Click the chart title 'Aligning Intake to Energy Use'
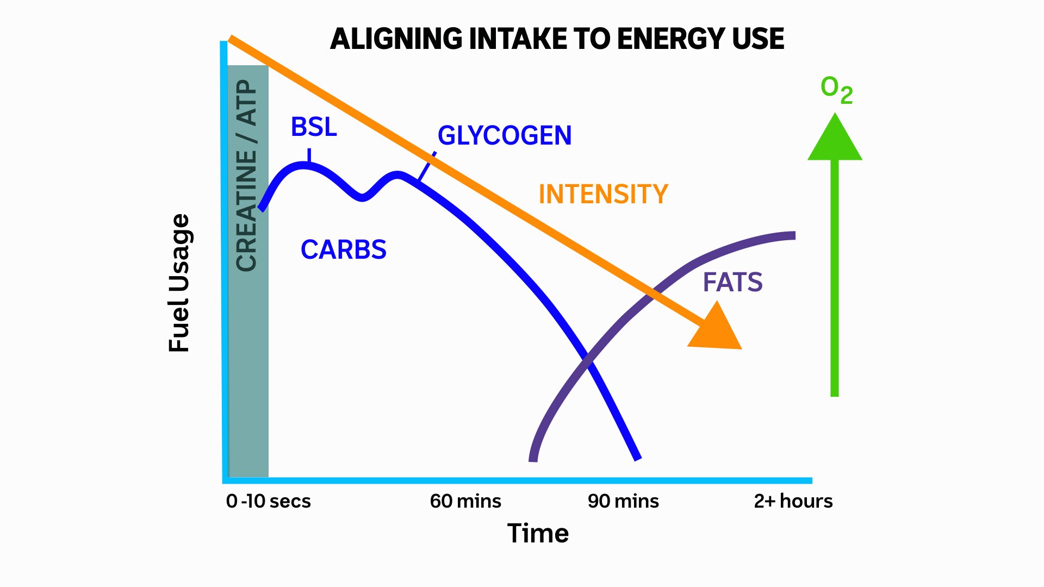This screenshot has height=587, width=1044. pyautogui.click(x=557, y=39)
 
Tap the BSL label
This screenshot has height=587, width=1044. pyautogui.click(x=314, y=127)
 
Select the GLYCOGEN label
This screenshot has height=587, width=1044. pyautogui.click(x=505, y=135)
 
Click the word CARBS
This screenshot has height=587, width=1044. pyautogui.click(x=343, y=250)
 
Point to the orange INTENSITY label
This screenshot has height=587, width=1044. pyautogui.click(x=603, y=194)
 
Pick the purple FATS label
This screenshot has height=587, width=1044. pyautogui.click(x=732, y=282)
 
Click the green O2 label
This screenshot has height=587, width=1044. pyautogui.click(x=836, y=90)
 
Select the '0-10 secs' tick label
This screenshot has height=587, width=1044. pyautogui.click(x=268, y=501)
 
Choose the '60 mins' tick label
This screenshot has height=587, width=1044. pyautogui.click(x=465, y=501)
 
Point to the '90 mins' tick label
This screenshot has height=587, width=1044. pyautogui.click(x=623, y=501)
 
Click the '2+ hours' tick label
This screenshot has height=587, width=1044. pyautogui.click(x=793, y=501)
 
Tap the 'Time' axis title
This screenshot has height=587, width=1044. pyautogui.click(x=538, y=533)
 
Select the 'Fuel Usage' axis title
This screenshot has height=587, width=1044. pyautogui.click(x=179, y=283)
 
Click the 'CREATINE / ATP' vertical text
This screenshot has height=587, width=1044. pyautogui.click(x=247, y=175)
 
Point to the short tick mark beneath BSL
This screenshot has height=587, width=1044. pyautogui.click(x=309, y=155)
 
